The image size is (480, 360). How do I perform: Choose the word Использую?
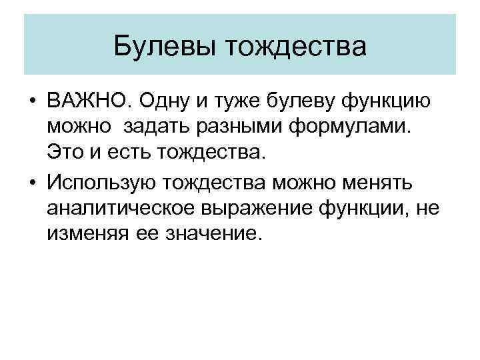[103, 182]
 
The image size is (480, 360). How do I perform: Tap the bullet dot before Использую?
[32, 182]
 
